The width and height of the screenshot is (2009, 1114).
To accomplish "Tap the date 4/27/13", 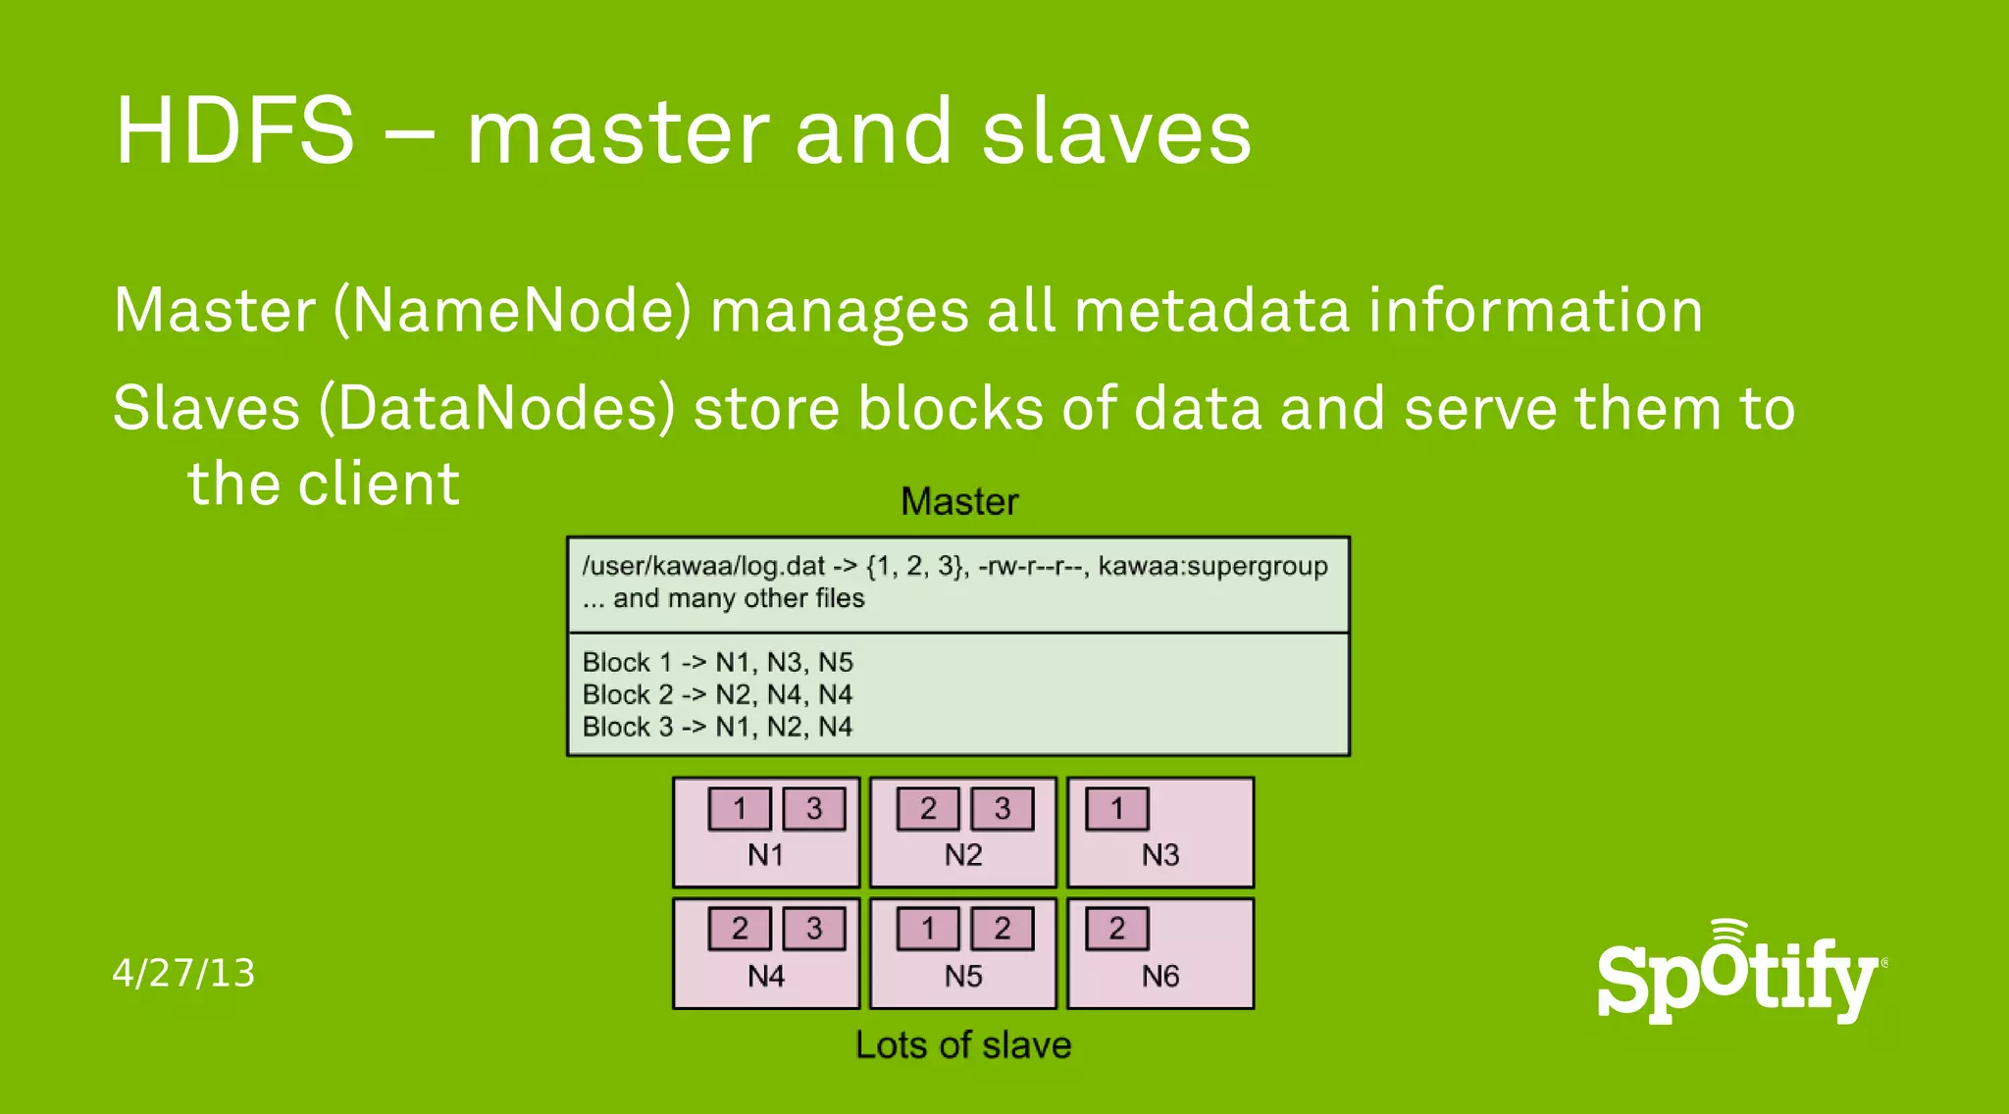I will click(183, 973).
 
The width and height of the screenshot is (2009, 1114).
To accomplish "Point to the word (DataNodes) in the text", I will click(497, 408).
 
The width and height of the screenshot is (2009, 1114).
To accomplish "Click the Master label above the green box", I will click(959, 502).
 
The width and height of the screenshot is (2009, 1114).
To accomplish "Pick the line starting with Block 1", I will click(717, 662).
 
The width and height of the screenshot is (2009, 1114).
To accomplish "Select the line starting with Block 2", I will click(717, 694).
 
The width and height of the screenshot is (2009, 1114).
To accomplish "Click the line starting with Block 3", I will click(717, 727).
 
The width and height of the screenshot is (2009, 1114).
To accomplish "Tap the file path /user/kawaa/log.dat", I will click(703, 566).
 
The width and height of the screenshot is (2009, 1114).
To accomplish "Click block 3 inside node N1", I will click(813, 809).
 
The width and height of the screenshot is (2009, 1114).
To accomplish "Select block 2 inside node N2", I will click(928, 809).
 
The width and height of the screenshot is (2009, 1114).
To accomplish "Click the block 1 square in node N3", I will click(1116, 809).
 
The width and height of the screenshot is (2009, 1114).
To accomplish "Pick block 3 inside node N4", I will click(813, 929).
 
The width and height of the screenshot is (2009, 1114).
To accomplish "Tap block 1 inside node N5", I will click(928, 929).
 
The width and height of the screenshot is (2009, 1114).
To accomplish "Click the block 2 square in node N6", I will click(1116, 929).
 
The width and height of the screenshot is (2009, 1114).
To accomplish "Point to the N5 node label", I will click(963, 977).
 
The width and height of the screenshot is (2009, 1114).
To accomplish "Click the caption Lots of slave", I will click(963, 1045).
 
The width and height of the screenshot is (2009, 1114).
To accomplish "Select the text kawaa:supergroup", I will click(1212, 566).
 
